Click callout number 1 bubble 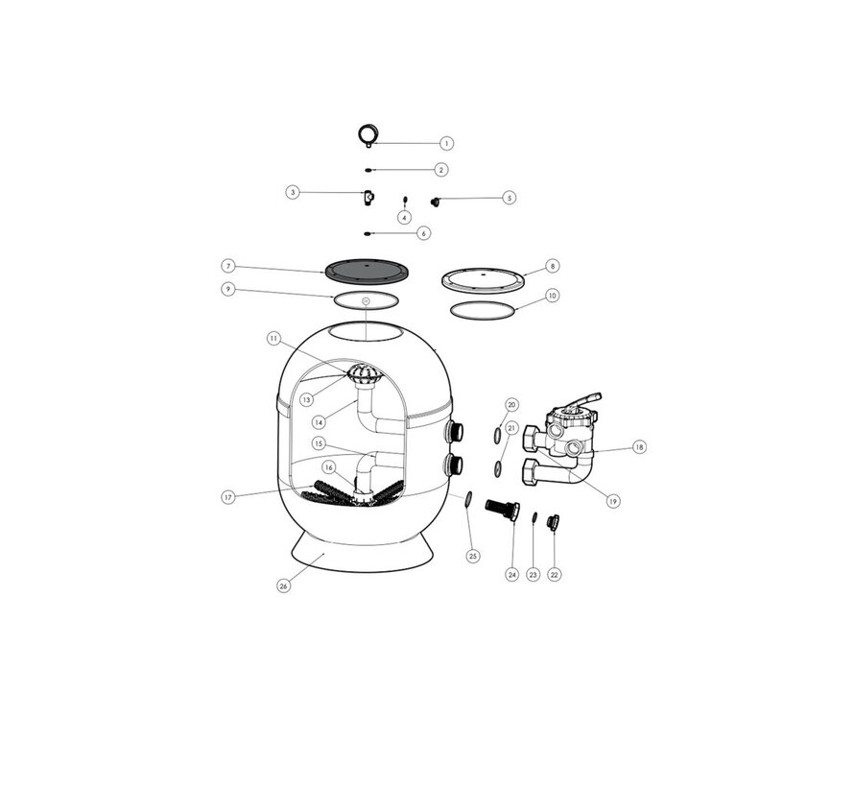click(446, 143)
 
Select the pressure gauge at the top click(368, 135)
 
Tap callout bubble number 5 click(509, 197)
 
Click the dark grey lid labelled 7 click(367, 272)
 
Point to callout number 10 click(553, 296)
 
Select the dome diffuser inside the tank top click(365, 373)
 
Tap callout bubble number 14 click(320, 421)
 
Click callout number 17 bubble click(228, 497)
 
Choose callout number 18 click(639, 447)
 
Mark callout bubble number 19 click(613, 501)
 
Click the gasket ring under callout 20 click(498, 436)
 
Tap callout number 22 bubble click(554, 575)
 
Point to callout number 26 click(283, 586)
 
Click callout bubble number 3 click(293, 192)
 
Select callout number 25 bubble click(473, 556)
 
